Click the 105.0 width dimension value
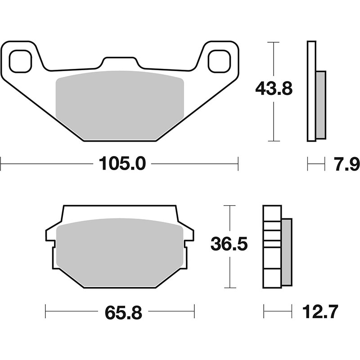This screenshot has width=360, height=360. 122,164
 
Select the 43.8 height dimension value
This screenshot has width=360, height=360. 274,89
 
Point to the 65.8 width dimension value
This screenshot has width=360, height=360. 123,312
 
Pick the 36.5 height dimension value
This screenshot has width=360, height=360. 229,244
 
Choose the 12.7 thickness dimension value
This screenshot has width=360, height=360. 320,311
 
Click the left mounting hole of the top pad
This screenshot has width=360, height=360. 20,61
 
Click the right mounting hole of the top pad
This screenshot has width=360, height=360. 219,61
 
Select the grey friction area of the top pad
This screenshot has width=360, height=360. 120,105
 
